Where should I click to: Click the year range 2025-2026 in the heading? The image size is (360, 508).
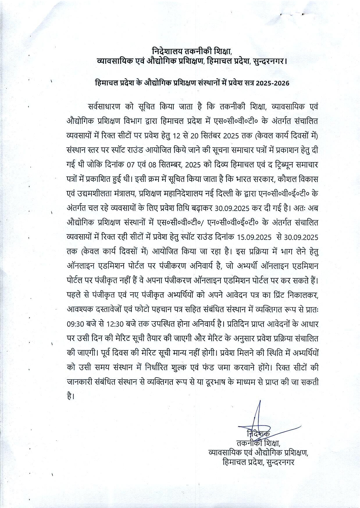click(x=273, y=83)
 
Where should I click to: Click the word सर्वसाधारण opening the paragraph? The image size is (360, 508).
click(x=104, y=107)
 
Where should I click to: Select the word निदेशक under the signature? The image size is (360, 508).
click(x=258, y=434)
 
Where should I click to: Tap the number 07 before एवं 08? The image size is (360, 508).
click(x=131, y=165)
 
